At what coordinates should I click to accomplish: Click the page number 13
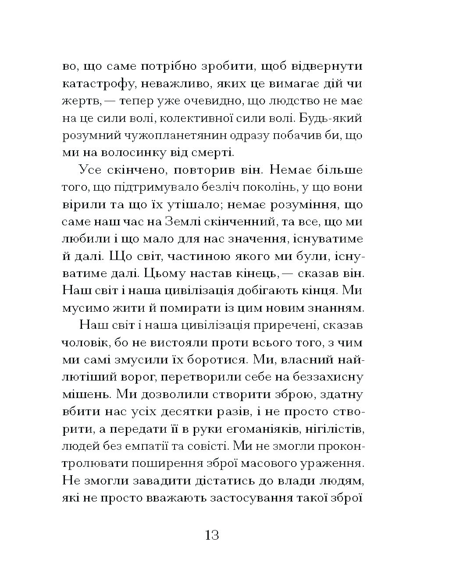click(211, 535)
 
